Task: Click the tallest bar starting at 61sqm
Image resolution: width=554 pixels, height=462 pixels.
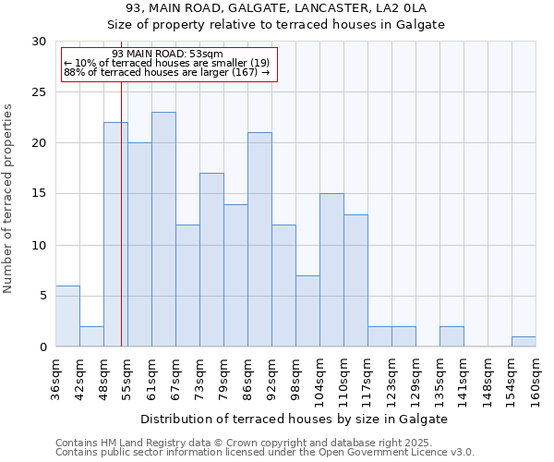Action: click(163, 229)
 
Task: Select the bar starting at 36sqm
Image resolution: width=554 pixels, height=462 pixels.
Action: click(67, 316)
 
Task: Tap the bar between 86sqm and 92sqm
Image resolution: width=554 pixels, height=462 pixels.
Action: click(259, 239)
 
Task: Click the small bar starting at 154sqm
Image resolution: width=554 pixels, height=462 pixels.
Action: click(524, 341)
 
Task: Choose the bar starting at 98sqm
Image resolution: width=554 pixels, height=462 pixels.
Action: click(307, 310)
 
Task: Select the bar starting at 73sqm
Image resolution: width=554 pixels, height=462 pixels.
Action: click(211, 260)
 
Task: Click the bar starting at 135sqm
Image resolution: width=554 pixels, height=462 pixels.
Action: click(452, 336)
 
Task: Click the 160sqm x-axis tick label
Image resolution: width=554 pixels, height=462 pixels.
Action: click(536, 382)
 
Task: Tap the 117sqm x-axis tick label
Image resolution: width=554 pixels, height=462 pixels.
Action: click(367, 382)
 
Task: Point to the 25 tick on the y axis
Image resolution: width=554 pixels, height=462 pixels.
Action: click(40, 92)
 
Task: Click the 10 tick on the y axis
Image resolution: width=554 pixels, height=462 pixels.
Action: click(40, 245)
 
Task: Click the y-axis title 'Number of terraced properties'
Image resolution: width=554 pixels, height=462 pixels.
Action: click(9, 198)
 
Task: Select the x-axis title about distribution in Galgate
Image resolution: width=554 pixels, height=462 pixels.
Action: click(295, 419)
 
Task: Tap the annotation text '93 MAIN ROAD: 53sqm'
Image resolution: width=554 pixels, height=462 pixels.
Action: click(166, 55)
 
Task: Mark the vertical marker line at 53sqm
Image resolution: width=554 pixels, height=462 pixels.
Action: click(121, 231)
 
